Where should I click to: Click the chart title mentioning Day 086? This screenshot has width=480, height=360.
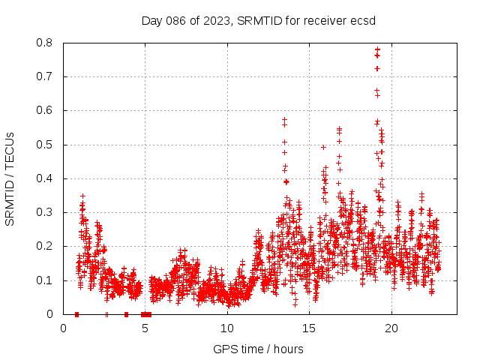coord(258,20)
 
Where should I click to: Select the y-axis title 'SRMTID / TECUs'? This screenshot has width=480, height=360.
coord(10,178)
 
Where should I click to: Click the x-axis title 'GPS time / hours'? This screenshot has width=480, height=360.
coord(258,349)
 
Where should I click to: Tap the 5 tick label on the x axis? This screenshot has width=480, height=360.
coord(145,328)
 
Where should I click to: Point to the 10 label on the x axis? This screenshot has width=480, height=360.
coord(227,328)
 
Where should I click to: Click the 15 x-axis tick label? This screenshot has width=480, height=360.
coord(309,328)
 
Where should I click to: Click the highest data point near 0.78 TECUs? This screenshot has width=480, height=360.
coord(377,50)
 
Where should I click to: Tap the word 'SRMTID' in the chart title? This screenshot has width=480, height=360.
coord(259,20)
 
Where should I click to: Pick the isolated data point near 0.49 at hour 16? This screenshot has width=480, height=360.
coord(323,147)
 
